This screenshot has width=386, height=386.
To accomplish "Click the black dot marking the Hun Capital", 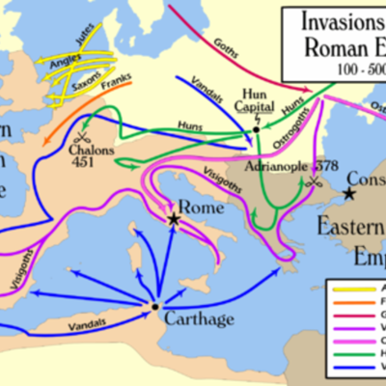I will click(x=256, y=128).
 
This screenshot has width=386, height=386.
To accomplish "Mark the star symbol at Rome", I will click(x=174, y=220).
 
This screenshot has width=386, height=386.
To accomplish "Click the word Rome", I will click(x=197, y=207).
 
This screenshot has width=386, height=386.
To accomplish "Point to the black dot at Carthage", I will click(x=154, y=307).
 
